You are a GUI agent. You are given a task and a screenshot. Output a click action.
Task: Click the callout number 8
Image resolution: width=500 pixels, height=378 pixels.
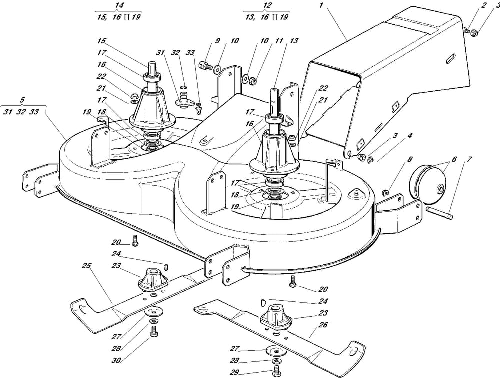(x=409, y=160)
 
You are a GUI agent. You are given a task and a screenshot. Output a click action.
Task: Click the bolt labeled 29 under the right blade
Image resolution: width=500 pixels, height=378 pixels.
(x=275, y=371)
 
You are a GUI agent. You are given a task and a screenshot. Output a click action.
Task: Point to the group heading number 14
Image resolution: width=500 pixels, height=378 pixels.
(x=118, y=5)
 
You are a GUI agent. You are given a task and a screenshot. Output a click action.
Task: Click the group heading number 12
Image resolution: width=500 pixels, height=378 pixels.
(x=267, y=5)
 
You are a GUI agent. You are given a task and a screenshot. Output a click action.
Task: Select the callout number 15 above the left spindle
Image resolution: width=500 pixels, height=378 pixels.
(x=102, y=41)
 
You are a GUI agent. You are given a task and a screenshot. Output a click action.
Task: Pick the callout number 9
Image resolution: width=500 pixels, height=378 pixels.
(x=218, y=41)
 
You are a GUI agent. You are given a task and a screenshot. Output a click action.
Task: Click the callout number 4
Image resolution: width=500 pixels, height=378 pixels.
(x=409, y=135)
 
